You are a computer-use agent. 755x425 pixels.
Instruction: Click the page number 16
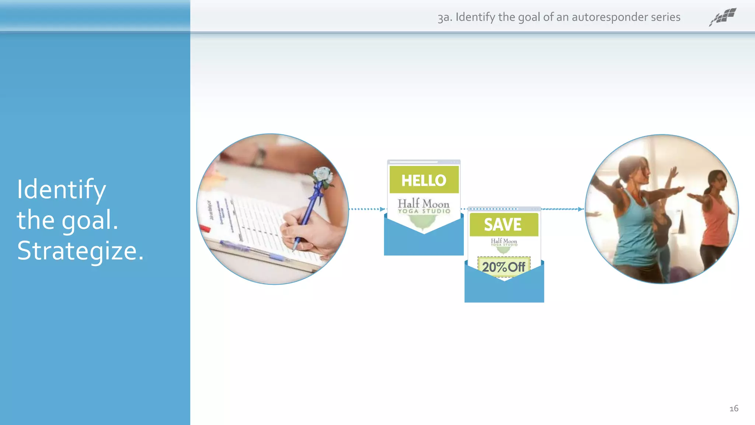point(734,408)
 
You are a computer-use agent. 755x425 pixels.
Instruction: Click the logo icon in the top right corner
point(723,17)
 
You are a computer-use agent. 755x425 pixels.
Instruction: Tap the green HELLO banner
point(424,180)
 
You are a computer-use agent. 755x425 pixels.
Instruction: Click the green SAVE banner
point(504,224)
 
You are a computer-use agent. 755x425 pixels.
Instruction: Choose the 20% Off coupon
point(504,266)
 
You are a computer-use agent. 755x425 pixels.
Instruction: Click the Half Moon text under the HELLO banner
point(424,204)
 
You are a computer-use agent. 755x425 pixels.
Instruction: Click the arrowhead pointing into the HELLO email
point(382,209)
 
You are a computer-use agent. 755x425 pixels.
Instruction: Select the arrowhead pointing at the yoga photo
point(581,209)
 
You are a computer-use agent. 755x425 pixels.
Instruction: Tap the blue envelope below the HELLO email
point(424,243)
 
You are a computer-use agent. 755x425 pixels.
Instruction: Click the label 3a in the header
point(444,17)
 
